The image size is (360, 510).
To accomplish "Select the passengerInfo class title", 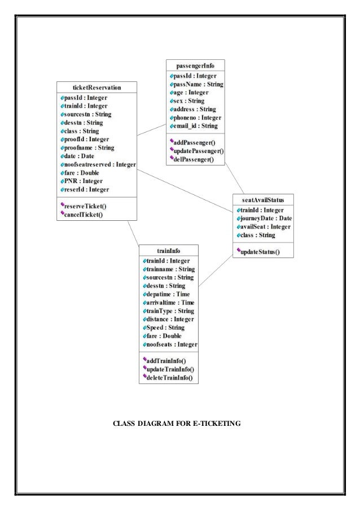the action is [195, 65].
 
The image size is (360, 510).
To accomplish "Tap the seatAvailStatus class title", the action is [264, 200].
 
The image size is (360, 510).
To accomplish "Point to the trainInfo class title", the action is [168, 250].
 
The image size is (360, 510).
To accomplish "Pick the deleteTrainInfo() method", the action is [169, 378].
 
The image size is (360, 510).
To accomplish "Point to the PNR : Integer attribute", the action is [81, 181].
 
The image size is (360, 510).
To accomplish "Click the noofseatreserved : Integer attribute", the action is [98, 164].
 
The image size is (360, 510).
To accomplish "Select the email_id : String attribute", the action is [193, 125].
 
